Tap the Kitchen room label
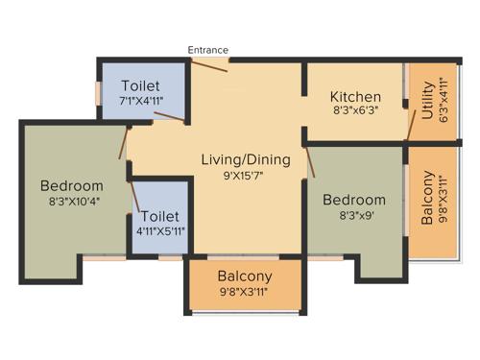(355, 97)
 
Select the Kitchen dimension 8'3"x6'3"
(355, 112)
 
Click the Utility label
(426, 99)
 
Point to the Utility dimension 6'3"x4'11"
(442, 99)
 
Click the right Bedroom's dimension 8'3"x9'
(354, 217)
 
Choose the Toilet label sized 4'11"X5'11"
(160, 217)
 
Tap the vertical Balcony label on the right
(426, 197)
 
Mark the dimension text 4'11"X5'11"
(160, 231)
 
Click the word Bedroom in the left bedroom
(71, 185)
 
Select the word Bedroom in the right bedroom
(354, 201)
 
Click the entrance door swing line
(208, 64)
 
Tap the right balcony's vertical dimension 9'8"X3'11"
(443, 197)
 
